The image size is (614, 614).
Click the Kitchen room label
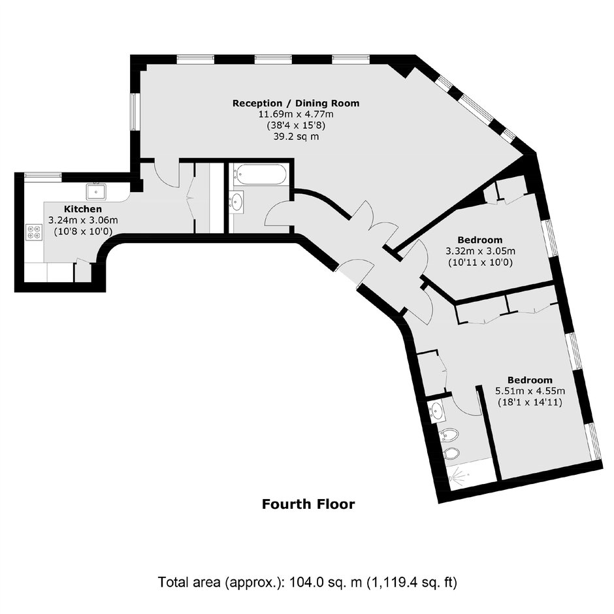pyautogui.click(x=83, y=209)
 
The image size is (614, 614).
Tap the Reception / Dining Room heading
pyautogui.click(x=296, y=103)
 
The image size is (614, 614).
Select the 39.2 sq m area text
pyautogui.click(x=296, y=137)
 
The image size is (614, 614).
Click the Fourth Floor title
pyautogui.click(x=308, y=504)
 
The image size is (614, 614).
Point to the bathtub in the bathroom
pyautogui.click(x=260, y=174)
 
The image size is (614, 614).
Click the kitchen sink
pyautogui.click(x=96, y=192)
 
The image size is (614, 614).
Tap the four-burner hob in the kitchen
pyautogui.click(x=34, y=232)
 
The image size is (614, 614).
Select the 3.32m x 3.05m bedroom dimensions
pyautogui.click(x=480, y=251)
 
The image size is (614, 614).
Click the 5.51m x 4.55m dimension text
pyautogui.click(x=530, y=391)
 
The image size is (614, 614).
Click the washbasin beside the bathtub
pyautogui.click(x=236, y=202)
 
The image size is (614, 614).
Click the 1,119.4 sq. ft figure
pyautogui.click(x=411, y=582)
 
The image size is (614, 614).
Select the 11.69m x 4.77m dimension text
pyautogui.click(x=296, y=114)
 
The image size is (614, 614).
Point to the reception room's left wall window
pyautogui.click(x=135, y=112)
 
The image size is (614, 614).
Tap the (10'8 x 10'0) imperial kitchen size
pyautogui.click(x=83, y=231)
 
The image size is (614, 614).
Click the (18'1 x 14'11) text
pyautogui.click(x=530, y=402)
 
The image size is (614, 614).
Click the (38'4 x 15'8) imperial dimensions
pyautogui.click(x=296, y=125)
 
